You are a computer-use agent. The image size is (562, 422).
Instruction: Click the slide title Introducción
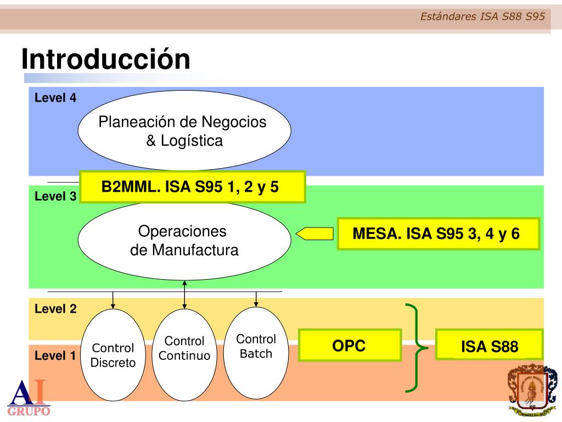tap(106, 59)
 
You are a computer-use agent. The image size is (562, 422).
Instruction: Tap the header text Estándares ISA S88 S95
tap(482, 16)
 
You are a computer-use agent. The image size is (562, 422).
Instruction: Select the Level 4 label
tap(55, 98)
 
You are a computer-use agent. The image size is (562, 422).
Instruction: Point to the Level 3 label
tap(55, 196)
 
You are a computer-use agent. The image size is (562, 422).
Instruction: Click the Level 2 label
tap(55, 309)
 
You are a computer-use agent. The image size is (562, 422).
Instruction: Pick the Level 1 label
tap(55, 356)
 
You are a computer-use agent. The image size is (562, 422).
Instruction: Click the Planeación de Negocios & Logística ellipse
tap(184, 131)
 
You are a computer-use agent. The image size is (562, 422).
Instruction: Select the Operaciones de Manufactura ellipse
tap(184, 241)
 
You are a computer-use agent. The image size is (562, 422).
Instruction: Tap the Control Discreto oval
tap(113, 355)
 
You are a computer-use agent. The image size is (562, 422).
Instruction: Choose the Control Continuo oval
tap(184, 355)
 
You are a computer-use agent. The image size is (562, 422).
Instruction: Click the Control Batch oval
tap(256, 352)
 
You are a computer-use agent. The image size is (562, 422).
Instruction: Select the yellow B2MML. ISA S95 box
tap(192, 187)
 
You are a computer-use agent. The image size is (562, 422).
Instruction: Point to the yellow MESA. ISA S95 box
tap(438, 234)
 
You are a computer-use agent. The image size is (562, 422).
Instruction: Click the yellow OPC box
tap(350, 345)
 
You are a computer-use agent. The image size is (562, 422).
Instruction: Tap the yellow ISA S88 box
tap(489, 345)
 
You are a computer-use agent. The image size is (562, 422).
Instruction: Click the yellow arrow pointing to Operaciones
tap(314, 234)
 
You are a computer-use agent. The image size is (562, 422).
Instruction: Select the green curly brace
tap(416, 347)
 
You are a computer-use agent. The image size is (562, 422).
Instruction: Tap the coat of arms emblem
tap(532, 390)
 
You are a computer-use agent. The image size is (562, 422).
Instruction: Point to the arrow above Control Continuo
tap(184, 294)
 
